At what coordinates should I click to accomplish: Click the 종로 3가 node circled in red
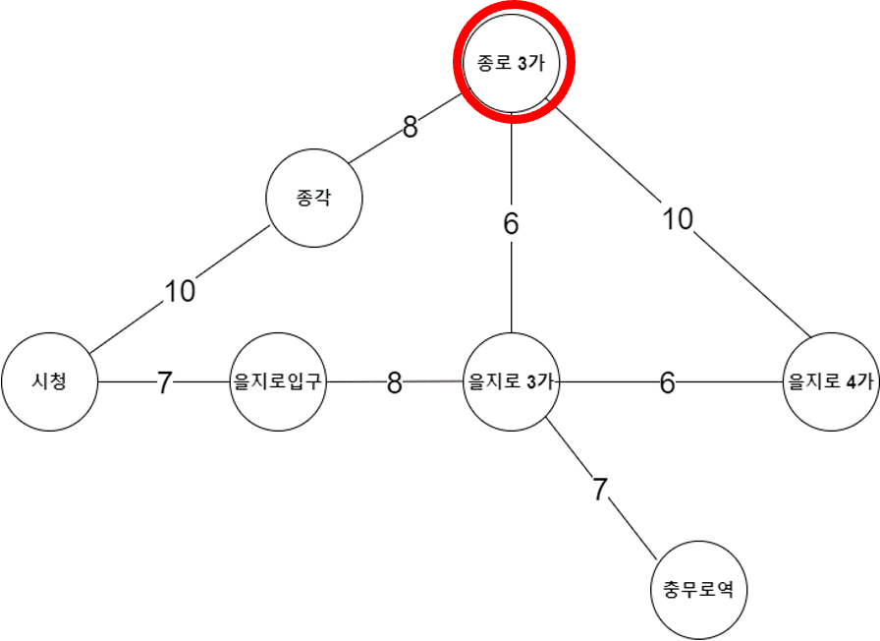tap(512, 63)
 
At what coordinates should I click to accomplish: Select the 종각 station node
tap(314, 198)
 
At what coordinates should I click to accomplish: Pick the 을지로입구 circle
tap(278, 381)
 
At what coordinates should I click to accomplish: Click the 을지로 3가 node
tap(512, 381)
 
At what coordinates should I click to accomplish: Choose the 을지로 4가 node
tap(831, 381)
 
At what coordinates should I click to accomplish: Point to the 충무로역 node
tap(699, 590)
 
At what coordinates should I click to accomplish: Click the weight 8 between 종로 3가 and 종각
tap(410, 128)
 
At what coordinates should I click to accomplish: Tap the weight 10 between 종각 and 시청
tap(180, 291)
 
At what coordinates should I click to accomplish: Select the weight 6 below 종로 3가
tap(511, 224)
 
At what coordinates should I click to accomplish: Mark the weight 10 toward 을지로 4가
tap(678, 219)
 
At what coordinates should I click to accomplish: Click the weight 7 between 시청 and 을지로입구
tap(164, 382)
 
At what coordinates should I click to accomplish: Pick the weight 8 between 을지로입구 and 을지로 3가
tap(394, 382)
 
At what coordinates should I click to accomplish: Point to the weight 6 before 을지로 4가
tap(667, 382)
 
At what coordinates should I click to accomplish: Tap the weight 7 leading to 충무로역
tap(601, 489)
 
